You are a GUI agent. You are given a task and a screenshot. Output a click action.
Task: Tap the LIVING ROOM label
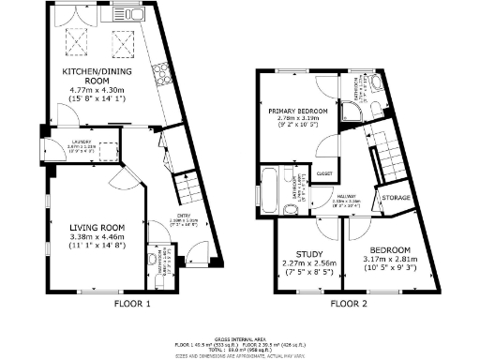[x=97, y=226]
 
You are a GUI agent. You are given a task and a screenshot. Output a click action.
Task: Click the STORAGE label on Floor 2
[x=397, y=198]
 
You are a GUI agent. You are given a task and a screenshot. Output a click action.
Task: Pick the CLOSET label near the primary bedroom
[x=326, y=173]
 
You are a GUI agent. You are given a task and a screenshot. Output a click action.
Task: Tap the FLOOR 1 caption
[x=132, y=304]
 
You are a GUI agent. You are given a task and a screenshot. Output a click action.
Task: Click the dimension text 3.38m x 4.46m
[x=97, y=238]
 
